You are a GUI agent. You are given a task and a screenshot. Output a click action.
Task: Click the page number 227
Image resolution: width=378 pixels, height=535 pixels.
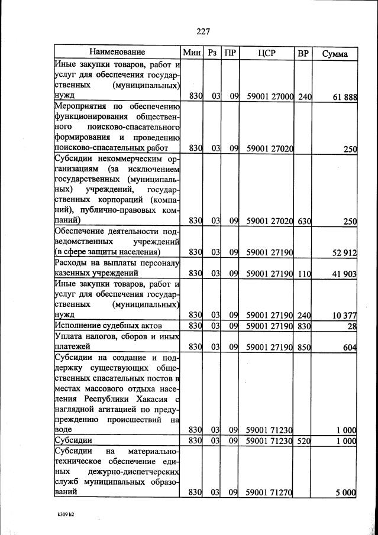(x=202, y=31)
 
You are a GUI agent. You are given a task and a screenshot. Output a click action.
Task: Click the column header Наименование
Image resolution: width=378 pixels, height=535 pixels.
(x=117, y=53)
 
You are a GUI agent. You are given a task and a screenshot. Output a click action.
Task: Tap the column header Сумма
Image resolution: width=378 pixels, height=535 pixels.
(x=335, y=53)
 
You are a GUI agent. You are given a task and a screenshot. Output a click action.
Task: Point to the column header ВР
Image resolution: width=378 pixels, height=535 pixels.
(x=303, y=53)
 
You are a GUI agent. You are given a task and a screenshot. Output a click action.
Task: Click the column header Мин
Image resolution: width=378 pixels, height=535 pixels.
(x=192, y=53)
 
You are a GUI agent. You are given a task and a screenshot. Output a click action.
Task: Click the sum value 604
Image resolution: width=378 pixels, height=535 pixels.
(x=349, y=348)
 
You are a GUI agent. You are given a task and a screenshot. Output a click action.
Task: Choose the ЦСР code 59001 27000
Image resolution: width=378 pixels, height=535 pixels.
(x=270, y=97)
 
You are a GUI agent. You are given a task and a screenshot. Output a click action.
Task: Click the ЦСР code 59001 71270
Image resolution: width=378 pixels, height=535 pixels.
(x=270, y=492)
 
